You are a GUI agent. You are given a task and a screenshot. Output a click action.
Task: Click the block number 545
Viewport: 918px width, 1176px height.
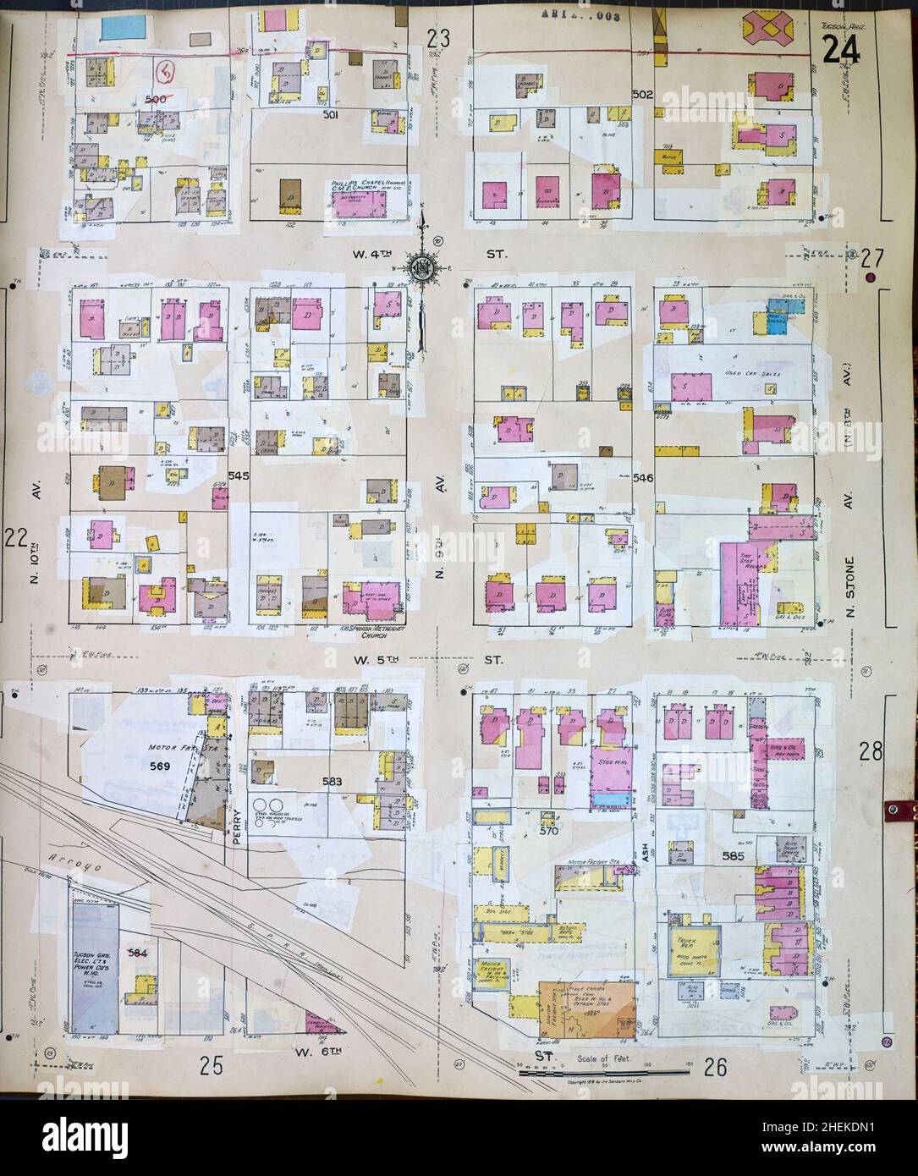point(239,476)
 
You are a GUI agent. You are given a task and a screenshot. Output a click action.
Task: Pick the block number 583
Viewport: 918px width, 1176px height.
point(331,782)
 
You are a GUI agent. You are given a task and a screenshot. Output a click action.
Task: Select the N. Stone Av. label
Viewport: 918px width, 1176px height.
point(855,584)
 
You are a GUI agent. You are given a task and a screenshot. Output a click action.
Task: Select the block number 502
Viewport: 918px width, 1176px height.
point(642,96)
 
